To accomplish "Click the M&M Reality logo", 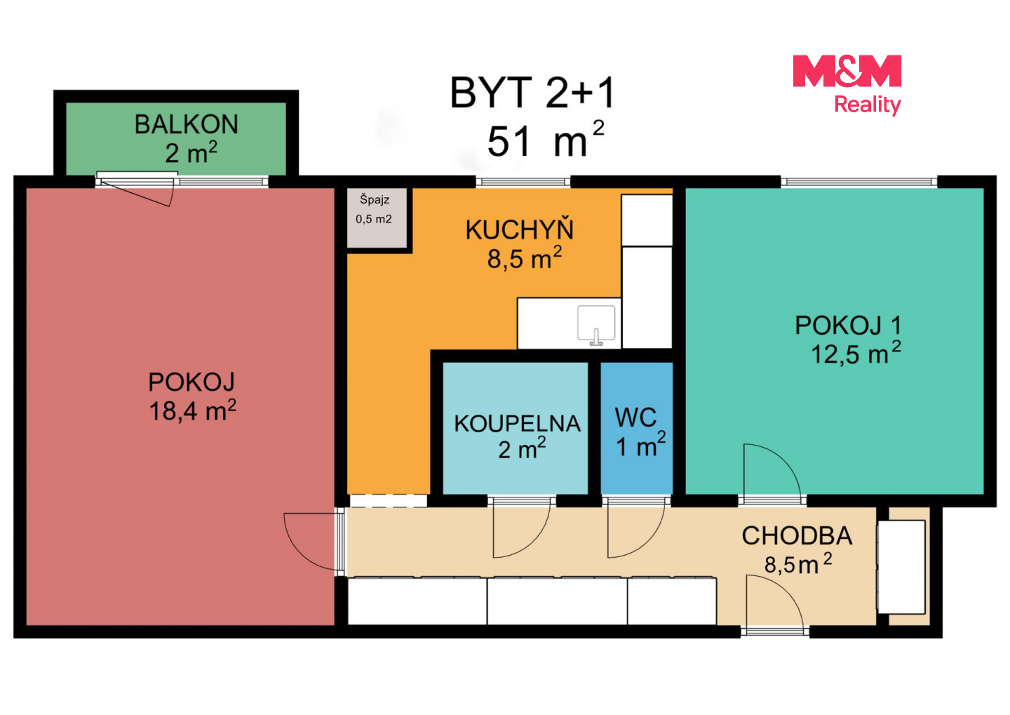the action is coord(847,84).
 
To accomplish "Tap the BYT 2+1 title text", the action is coord(532,93).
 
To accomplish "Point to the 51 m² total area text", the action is coord(545,140).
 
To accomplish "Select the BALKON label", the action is coord(187,124).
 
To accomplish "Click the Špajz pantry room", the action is coord(377,218).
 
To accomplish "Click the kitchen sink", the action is coord(596,325).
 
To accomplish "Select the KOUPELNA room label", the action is coord(517,424).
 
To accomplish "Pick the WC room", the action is coord(637,428).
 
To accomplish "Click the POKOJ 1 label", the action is coord(848,326).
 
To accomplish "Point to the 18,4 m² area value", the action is coord(192,410).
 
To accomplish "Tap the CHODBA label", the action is coord(797,536).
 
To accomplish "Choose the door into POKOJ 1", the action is coord(772,469).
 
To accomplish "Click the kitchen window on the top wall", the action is coord(523,182).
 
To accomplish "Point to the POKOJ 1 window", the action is coord(859,182).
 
